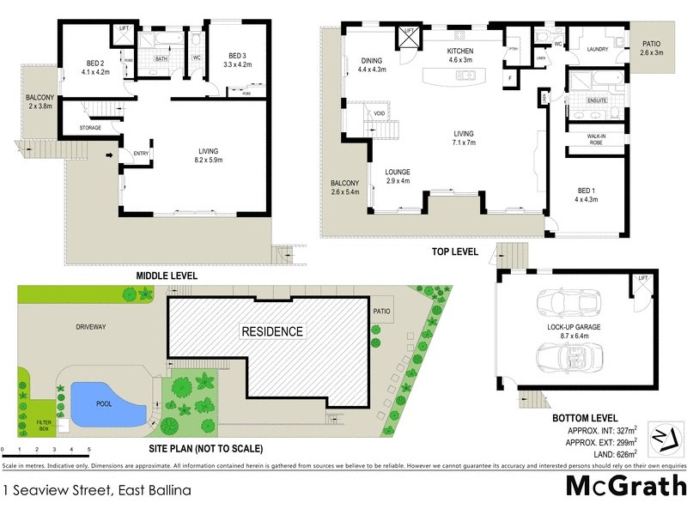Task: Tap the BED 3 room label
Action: coord(235,58)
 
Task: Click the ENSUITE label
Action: coord(596,100)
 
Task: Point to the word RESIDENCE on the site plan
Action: coord(271,331)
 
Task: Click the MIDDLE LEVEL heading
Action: coord(167,276)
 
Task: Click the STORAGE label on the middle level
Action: coord(91,128)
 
